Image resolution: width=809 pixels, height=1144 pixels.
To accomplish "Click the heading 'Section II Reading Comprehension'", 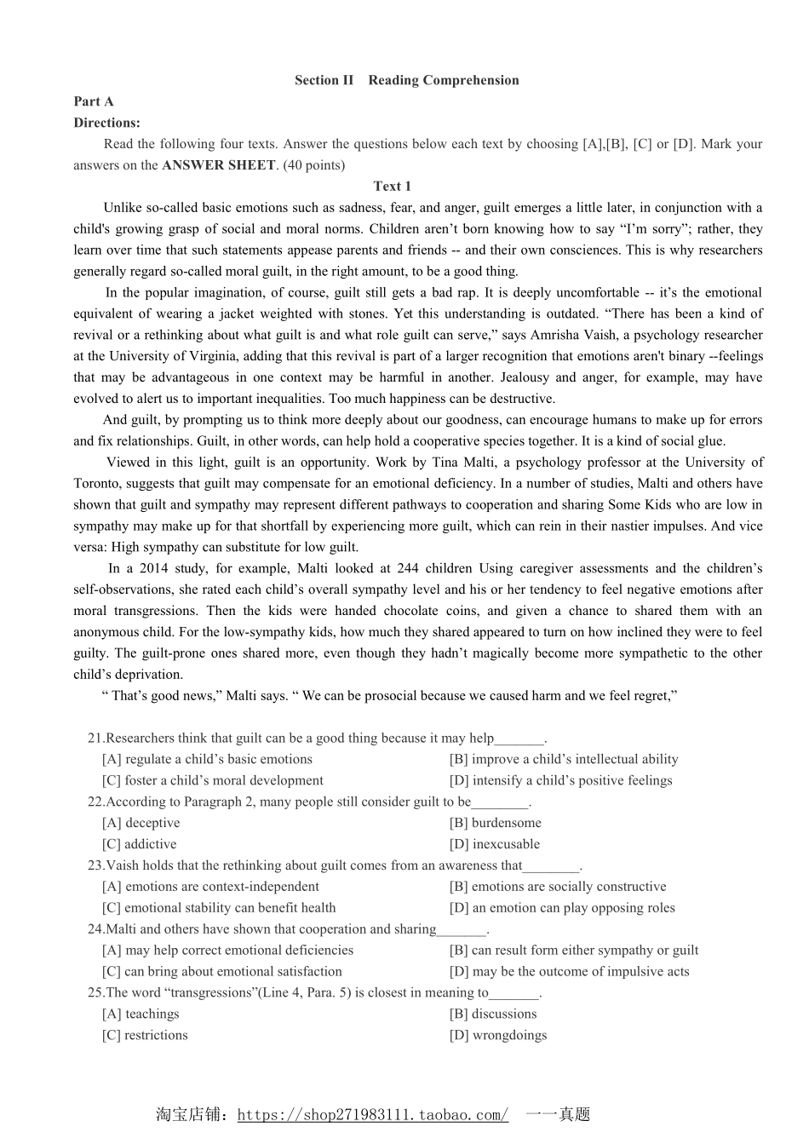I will point(406,80).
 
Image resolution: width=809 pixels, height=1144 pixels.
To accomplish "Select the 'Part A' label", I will point(94,101).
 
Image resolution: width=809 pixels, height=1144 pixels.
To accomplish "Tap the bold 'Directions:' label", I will point(106,123).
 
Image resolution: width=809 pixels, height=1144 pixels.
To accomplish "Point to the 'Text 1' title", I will point(392,186).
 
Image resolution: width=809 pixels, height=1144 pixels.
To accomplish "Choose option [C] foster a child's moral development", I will point(212,780).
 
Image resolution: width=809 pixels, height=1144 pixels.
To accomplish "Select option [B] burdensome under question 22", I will point(495,823).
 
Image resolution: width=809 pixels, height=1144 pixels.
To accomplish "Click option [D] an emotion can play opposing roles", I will point(562,908).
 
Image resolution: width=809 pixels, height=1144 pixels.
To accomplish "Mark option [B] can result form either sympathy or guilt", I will point(573,950).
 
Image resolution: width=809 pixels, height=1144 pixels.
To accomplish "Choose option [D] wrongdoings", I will point(498,1035).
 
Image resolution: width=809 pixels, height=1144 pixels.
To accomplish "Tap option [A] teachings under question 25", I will point(141,1014).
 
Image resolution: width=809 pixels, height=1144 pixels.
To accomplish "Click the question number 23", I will point(95,865).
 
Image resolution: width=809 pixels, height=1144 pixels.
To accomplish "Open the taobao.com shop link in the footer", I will point(372,1115).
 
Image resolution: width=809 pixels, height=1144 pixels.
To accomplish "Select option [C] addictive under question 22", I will point(139,844).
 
